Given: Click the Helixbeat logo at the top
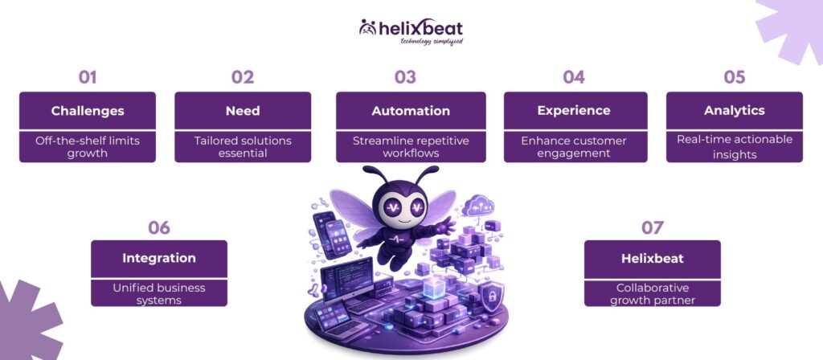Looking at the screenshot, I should click(x=411, y=31).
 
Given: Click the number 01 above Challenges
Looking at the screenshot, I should click(x=87, y=77).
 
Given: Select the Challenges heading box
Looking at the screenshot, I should click(x=87, y=110).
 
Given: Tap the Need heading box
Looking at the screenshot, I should click(x=242, y=110).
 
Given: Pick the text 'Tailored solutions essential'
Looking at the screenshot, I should click(x=242, y=146).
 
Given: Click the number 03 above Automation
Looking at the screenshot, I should click(x=405, y=77).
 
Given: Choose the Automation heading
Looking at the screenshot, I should click(x=410, y=110).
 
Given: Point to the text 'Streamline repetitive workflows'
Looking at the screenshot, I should click(x=410, y=146).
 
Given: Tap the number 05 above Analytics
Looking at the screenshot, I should click(x=734, y=77).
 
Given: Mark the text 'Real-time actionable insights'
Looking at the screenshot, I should click(x=734, y=146).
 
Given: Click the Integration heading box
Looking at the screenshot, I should click(x=158, y=258).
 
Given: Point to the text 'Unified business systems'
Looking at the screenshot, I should click(x=158, y=293).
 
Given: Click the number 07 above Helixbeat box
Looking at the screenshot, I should click(x=652, y=227).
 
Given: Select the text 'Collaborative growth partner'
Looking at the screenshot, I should click(x=652, y=293).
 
